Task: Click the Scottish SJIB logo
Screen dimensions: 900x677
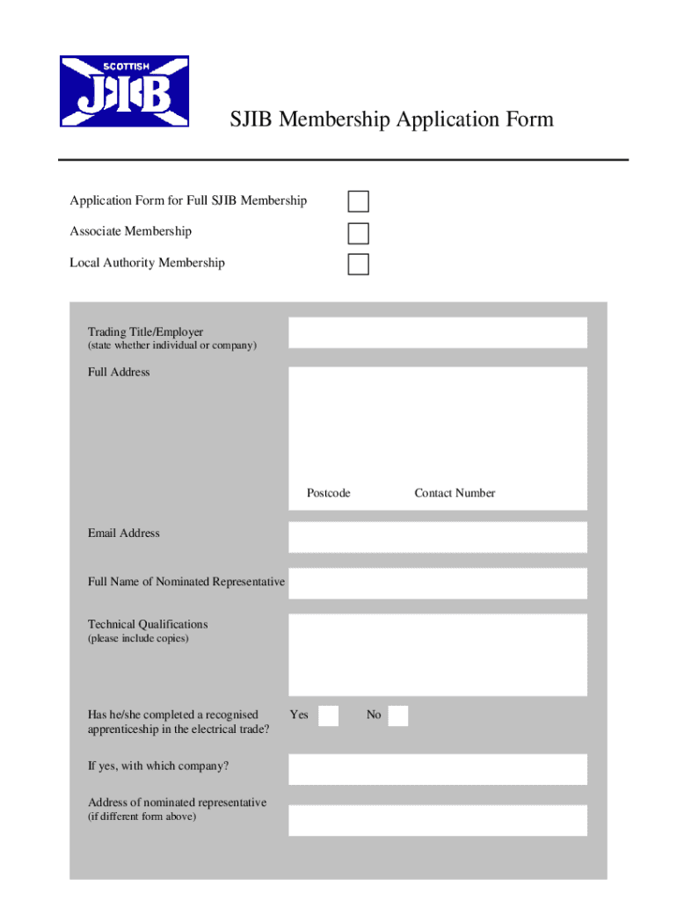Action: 124,92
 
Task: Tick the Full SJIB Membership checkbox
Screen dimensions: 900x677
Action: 358,201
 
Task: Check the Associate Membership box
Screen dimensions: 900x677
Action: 358,233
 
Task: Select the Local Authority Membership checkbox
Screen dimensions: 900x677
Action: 358,264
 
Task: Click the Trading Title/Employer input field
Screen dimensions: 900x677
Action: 437,332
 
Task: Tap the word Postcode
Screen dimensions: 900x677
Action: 328,493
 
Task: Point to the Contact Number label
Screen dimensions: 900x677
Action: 455,493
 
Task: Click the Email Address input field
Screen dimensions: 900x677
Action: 437,537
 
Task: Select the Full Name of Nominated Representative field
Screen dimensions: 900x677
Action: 437,583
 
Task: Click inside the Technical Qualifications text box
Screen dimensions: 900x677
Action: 437,655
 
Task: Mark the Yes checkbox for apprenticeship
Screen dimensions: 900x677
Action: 328,715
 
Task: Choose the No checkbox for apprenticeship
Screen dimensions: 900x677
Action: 397,715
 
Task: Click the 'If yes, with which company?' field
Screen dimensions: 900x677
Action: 437,769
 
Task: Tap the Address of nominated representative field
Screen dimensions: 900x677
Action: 437,819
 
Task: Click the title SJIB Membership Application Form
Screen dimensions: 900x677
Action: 391,120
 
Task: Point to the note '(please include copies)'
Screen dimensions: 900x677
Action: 137,639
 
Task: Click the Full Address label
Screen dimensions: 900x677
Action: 119,372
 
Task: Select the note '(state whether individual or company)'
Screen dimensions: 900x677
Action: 171,346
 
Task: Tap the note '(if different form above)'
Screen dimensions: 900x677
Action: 142,817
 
